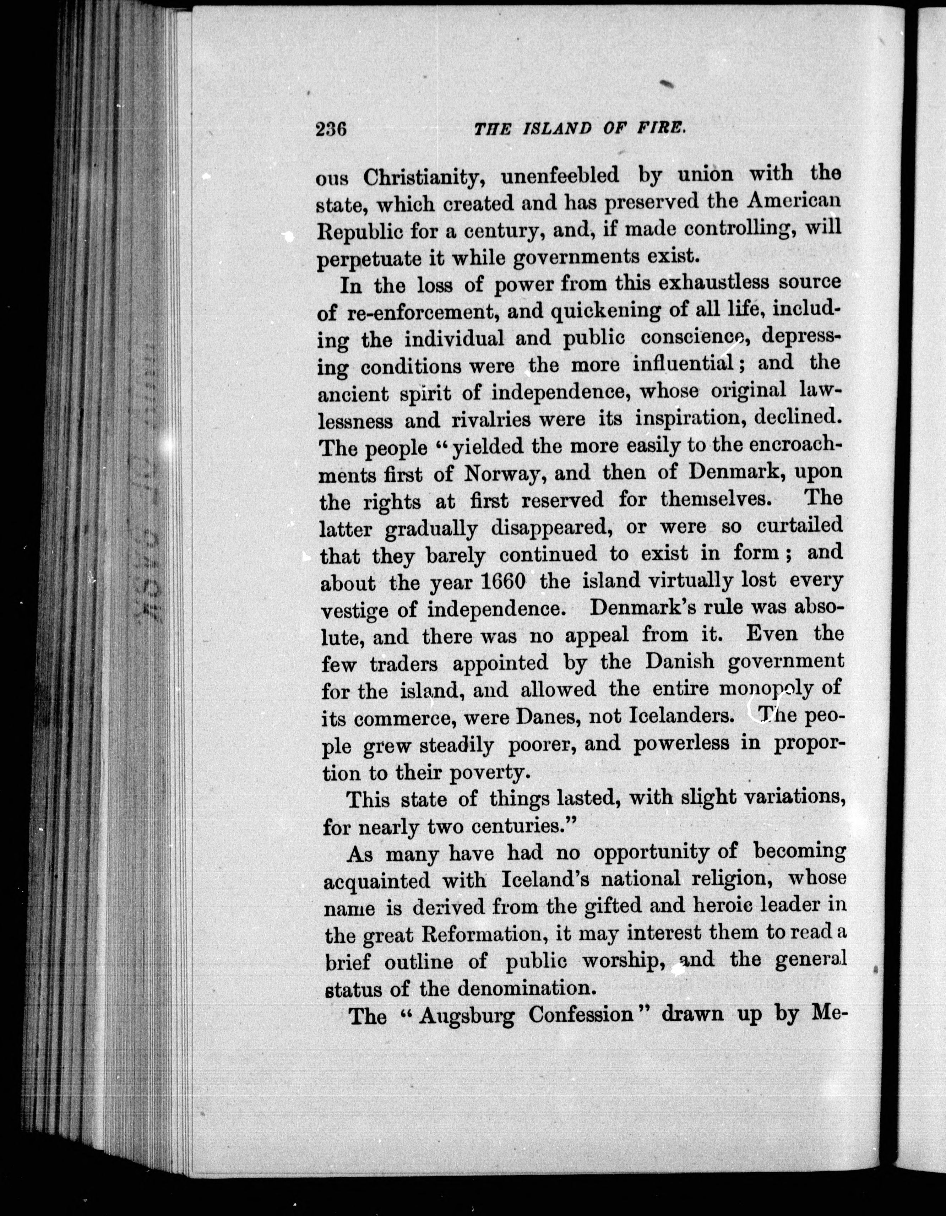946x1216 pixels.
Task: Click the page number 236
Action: pos(331,129)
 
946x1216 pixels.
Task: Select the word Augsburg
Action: pos(466,1016)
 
